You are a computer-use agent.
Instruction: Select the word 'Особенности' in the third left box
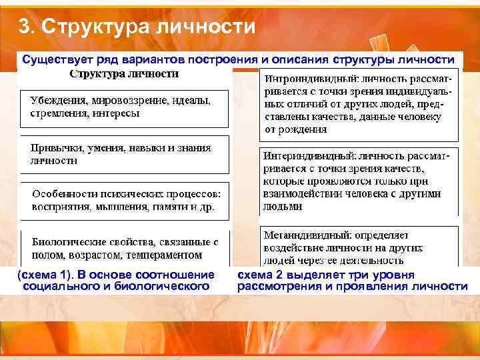click(x=61, y=194)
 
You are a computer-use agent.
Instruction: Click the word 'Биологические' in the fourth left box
click(x=63, y=242)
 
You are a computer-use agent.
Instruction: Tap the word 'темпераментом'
click(x=161, y=255)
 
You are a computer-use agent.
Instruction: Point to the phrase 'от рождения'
click(x=291, y=129)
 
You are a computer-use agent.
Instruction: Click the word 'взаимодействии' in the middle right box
click(x=300, y=194)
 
